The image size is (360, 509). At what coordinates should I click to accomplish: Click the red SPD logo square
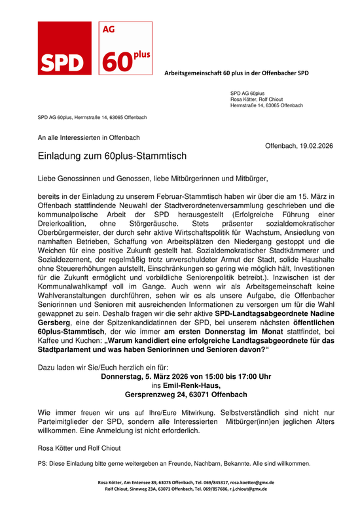coord(63,48)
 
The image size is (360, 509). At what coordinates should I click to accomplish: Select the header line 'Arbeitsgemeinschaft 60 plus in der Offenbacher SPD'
coord(236,73)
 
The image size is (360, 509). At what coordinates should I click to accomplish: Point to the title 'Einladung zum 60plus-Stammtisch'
coord(112,156)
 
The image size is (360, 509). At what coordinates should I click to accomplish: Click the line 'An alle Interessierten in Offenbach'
coord(88,137)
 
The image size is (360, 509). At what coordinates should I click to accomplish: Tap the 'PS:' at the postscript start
coord(43,464)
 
